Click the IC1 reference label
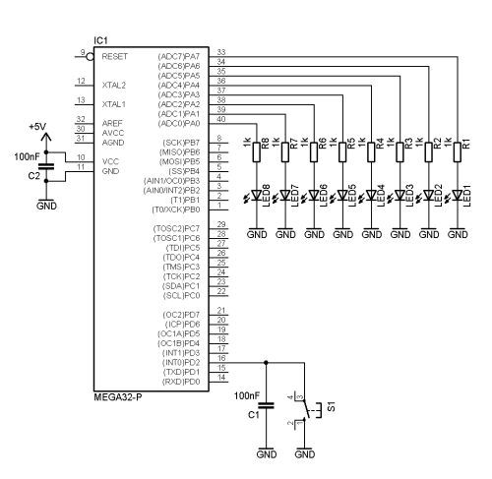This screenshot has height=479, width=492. click(x=100, y=40)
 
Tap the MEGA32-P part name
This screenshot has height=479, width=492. click(x=118, y=397)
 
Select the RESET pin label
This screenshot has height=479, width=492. click(x=115, y=56)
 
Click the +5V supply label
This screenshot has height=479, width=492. click(x=37, y=127)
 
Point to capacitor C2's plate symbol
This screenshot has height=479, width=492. click(x=46, y=166)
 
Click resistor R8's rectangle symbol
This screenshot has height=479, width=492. click(x=257, y=152)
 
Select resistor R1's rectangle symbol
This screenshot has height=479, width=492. click(x=458, y=152)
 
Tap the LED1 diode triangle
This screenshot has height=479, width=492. click(x=458, y=196)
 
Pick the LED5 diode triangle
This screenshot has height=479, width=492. click(x=342, y=196)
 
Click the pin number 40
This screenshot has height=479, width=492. click(x=221, y=119)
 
